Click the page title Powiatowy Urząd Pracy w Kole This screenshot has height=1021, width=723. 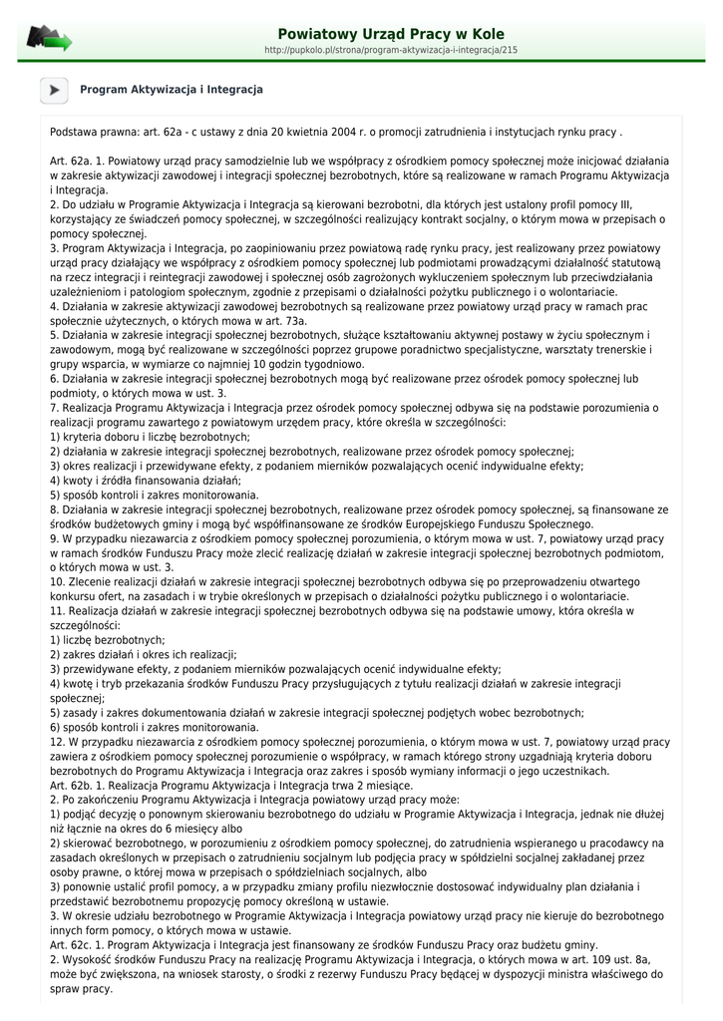[x=391, y=34]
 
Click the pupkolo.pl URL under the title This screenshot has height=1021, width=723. [x=391, y=49]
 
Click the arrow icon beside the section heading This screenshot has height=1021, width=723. [x=54, y=90]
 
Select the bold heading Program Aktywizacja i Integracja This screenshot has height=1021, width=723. [x=172, y=90]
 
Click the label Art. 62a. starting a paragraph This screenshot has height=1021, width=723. [x=69, y=161]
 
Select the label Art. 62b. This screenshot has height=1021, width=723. [x=69, y=786]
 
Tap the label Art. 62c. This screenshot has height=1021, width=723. [x=69, y=945]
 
